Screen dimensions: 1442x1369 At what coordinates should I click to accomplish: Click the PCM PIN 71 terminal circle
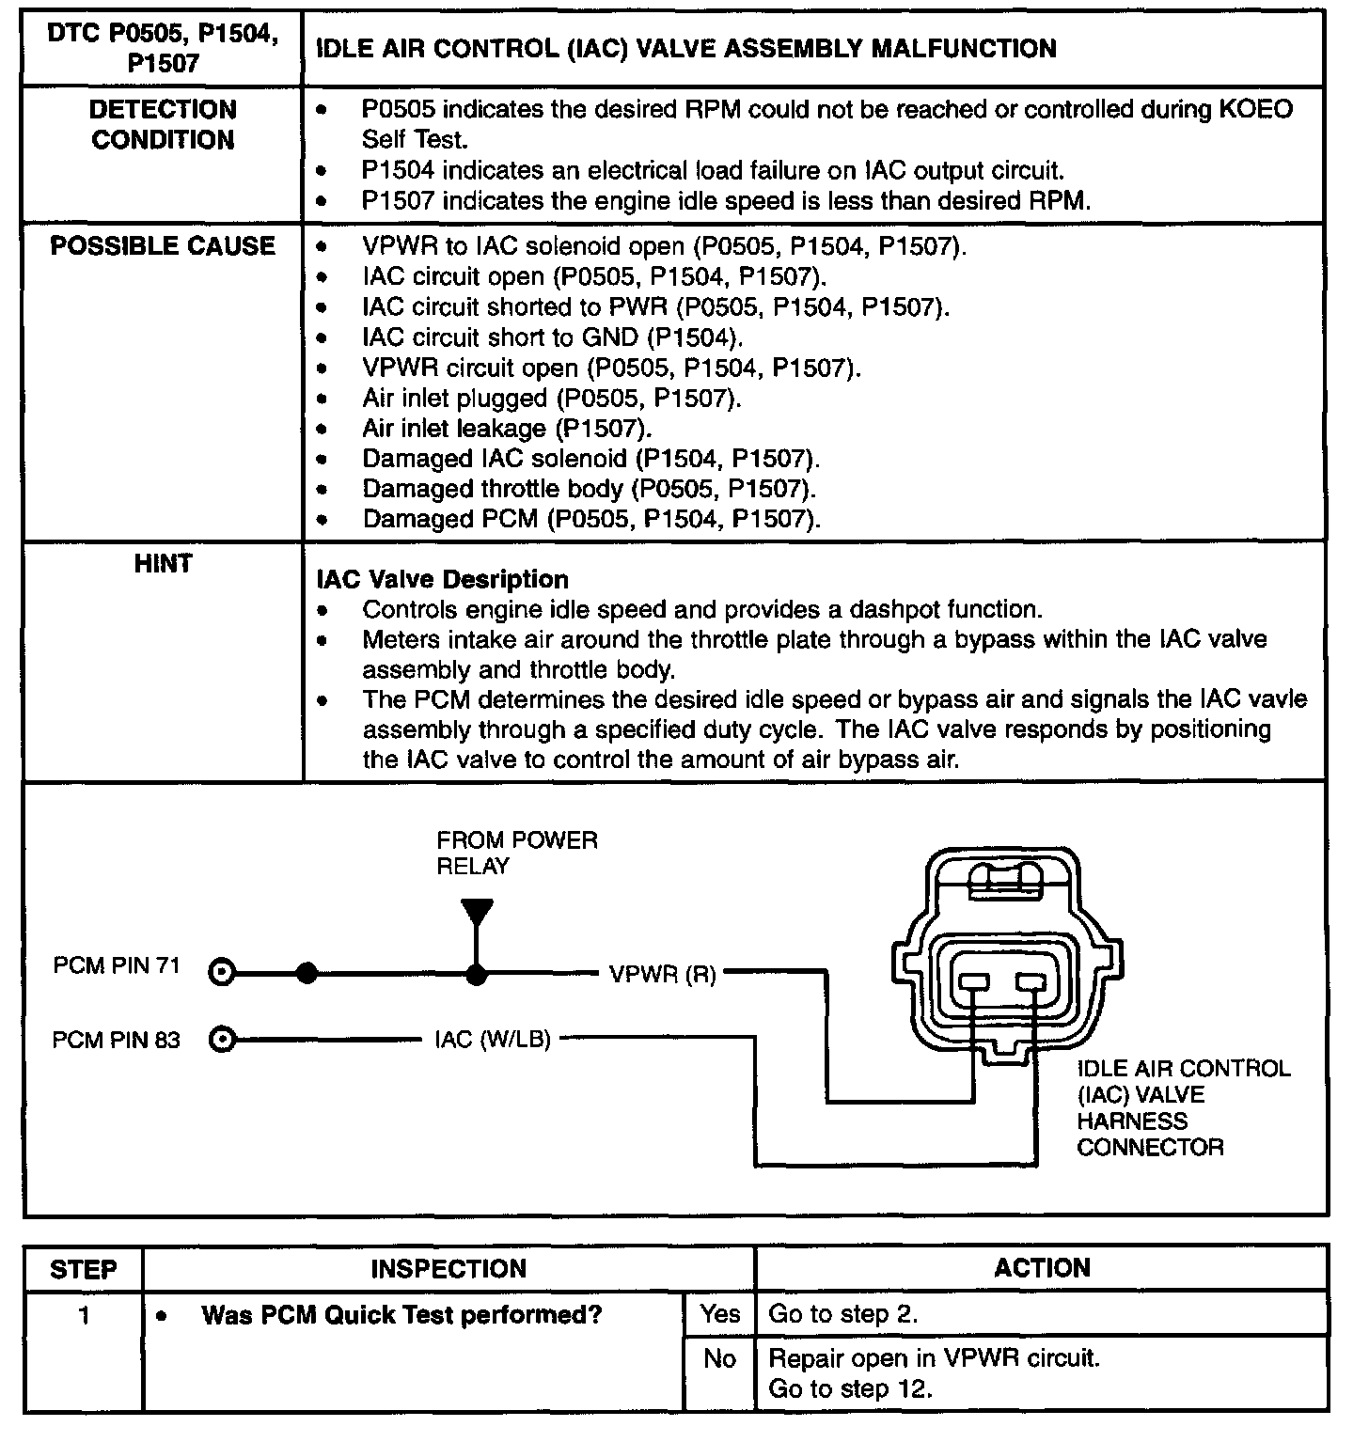[222, 973]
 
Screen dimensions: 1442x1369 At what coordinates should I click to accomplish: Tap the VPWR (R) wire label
[662, 975]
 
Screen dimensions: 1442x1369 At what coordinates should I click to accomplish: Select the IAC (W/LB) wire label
[492, 1040]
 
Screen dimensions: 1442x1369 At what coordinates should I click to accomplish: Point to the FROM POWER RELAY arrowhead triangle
[477, 913]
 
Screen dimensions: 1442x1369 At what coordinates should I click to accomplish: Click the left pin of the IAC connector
[974, 982]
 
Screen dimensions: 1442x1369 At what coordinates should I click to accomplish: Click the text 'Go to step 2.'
[842, 1314]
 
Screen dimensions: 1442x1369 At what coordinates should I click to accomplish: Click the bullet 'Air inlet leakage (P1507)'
[507, 429]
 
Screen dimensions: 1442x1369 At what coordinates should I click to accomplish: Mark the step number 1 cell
[84, 1314]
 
